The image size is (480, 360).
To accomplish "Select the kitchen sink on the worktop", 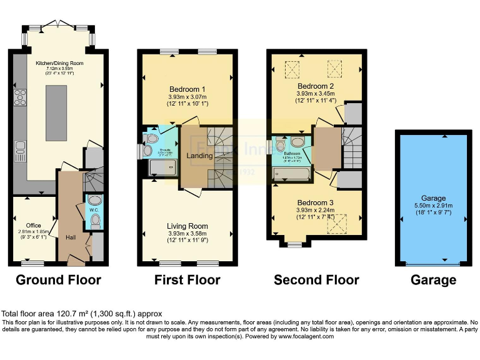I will (20, 147).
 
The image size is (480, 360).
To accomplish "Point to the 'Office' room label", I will (34, 225).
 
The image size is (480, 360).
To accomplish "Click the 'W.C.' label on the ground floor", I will (94, 210).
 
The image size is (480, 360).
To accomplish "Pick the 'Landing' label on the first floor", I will (200, 156).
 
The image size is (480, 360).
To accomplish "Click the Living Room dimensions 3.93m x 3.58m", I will (187, 234).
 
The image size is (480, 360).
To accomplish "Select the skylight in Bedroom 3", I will (339, 221).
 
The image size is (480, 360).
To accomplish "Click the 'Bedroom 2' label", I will (315, 86).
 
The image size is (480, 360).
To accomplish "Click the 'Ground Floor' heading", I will (58, 279).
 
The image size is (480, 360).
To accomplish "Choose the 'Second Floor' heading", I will (316, 279).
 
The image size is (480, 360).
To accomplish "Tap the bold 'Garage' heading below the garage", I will (433, 279).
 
